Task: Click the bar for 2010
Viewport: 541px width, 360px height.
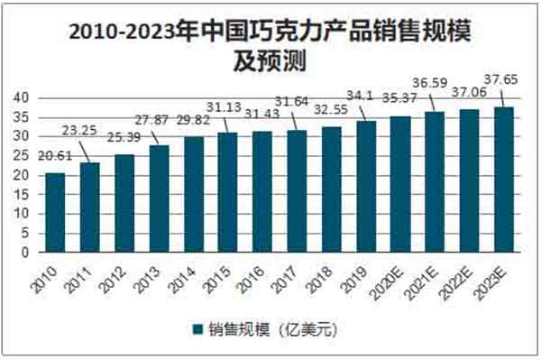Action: pyautogui.click(x=56, y=212)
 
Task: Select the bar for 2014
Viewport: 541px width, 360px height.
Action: pyautogui.click(x=194, y=194)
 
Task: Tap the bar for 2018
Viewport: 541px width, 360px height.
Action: pyautogui.click(x=332, y=189)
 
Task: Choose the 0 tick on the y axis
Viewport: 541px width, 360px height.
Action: pyautogui.click(x=31, y=253)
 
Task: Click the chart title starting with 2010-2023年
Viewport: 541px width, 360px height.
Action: pyautogui.click(x=270, y=33)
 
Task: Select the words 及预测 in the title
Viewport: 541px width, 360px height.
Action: pyautogui.click(x=270, y=61)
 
